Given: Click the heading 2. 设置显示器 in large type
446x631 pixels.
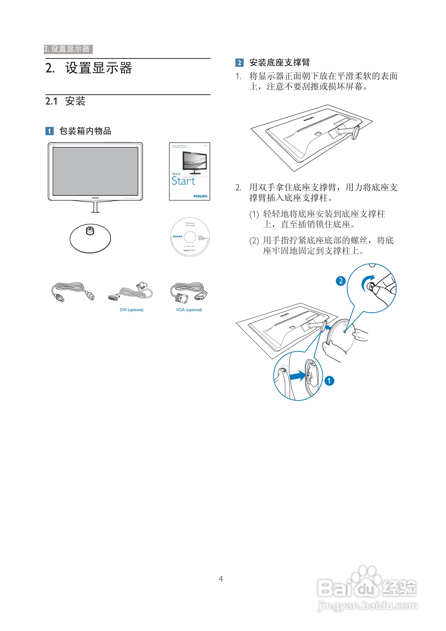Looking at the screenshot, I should point(89,68).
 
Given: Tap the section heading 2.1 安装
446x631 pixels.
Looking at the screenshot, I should point(66,101).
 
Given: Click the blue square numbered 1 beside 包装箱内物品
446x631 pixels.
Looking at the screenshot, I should point(49,131).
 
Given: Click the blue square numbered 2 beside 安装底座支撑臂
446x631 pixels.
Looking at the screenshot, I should point(239,63).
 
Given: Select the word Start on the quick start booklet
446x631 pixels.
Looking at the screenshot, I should point(183,181).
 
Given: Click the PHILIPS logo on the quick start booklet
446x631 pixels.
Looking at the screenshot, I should point(200,196).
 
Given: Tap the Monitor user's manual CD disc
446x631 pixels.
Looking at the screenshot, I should point(190,237).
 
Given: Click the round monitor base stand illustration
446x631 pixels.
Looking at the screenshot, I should point(90,238).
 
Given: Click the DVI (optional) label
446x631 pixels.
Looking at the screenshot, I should point(131,310).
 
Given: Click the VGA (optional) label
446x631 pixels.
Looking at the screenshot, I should point(189,310).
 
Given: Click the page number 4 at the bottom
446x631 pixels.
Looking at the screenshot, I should point(221,579).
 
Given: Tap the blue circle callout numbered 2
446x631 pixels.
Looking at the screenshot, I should point(341,281).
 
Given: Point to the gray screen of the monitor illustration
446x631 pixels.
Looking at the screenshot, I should point(95,171).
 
